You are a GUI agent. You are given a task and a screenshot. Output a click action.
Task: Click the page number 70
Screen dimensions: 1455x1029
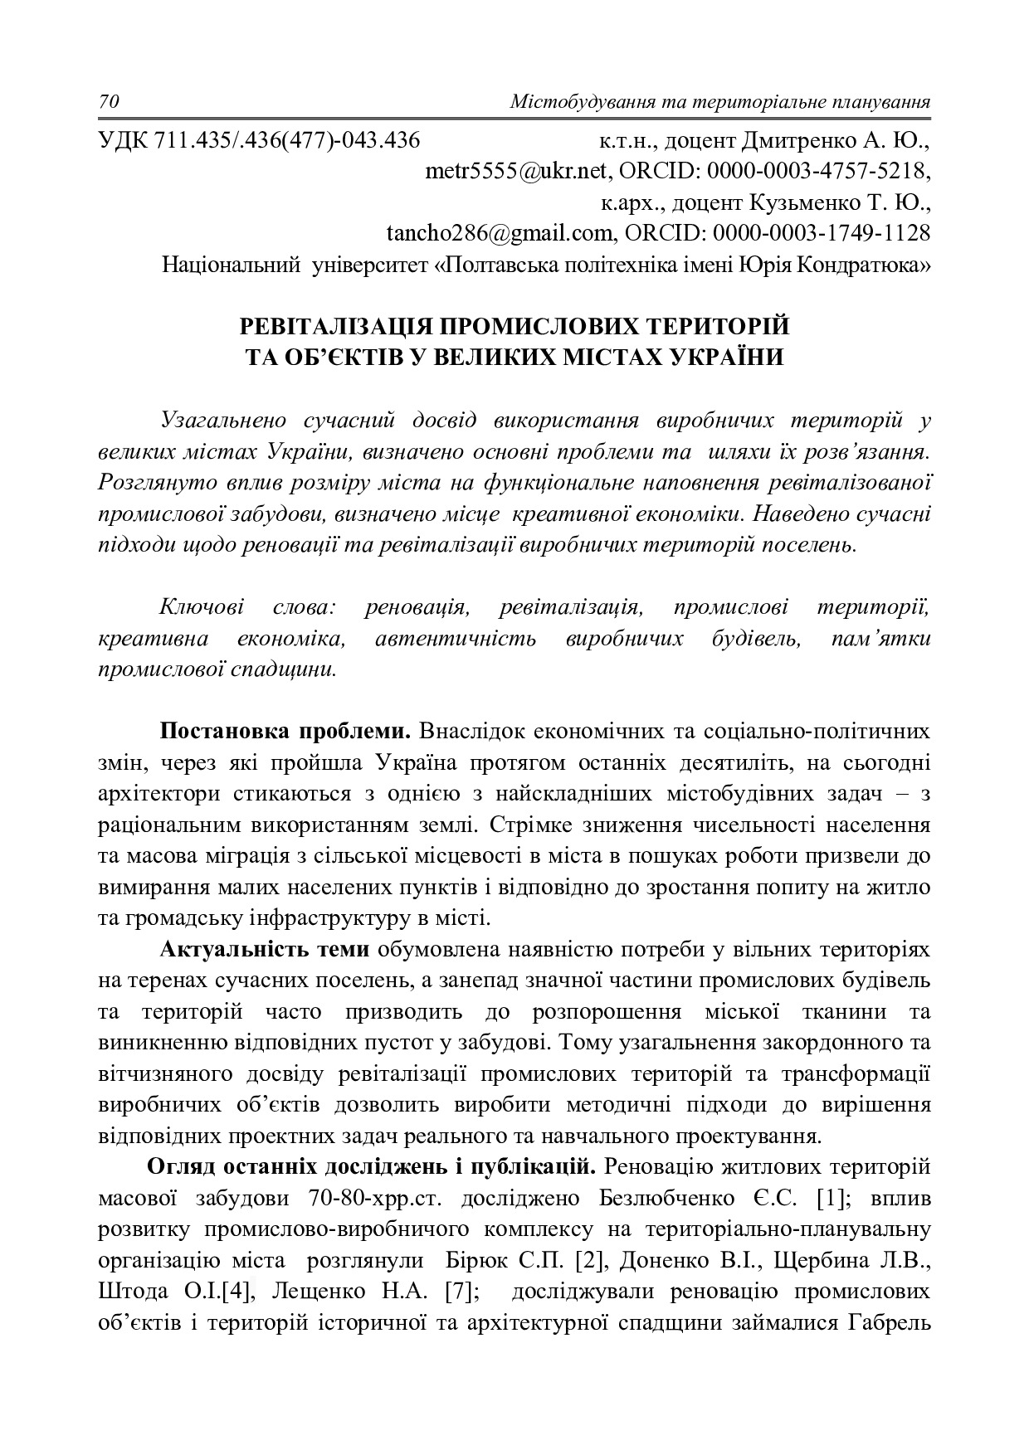point(110,102)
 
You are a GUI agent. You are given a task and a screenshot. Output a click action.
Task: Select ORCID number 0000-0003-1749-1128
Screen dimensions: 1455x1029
point(822,233)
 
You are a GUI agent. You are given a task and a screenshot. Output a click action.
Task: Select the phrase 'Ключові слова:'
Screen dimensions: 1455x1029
point(246,607)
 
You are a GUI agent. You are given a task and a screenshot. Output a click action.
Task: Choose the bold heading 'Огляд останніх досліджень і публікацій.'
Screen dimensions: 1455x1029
point(372,1167)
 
